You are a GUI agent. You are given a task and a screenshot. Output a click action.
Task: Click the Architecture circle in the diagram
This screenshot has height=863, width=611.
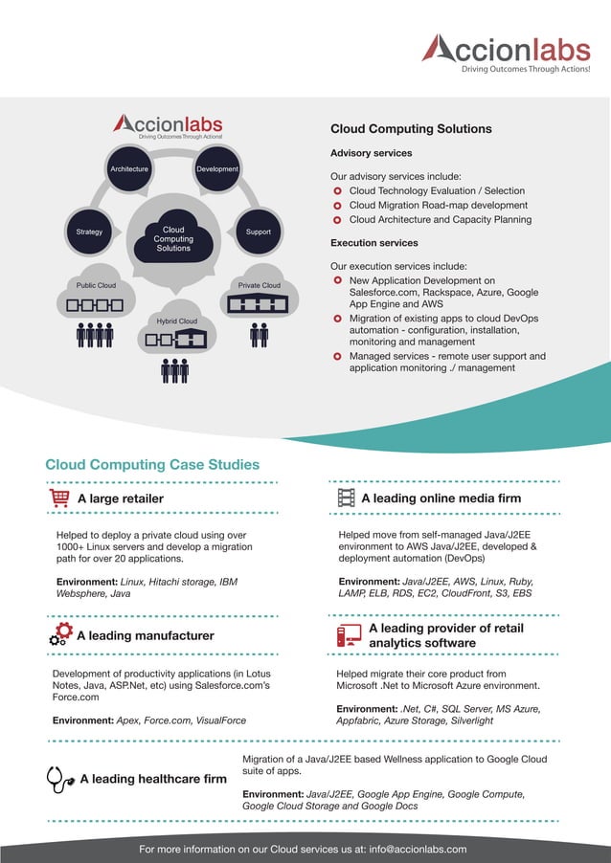coord(129,169)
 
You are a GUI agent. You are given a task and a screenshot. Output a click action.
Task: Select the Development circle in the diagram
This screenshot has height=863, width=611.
coord(217,169)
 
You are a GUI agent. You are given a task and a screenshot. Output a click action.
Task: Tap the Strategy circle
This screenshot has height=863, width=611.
coord(89,232)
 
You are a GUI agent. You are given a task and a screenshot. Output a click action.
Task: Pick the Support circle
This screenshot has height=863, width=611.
coord(258,232)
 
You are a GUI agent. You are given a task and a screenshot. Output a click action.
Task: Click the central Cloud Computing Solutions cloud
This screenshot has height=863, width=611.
coord(173,238)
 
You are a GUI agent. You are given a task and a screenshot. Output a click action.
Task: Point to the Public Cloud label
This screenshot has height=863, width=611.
coord(96,285)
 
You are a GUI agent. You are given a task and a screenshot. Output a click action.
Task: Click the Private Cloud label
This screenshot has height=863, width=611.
coord(259,285)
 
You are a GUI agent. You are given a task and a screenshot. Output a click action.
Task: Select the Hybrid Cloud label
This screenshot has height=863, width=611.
coord(177,321)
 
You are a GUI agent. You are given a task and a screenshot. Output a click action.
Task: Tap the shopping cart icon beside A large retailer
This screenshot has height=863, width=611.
coord(59,498)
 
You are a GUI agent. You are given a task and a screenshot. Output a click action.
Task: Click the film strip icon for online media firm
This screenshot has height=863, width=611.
coord(346,498)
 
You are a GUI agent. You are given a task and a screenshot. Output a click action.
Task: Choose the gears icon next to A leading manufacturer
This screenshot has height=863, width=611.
coord(59,634)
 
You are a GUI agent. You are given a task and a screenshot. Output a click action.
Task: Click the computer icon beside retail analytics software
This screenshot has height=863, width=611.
coord(348,635)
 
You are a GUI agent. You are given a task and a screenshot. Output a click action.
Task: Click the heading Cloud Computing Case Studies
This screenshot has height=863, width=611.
coord(152,465)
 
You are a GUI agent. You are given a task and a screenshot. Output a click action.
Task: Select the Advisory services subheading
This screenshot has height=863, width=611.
coord(371,153)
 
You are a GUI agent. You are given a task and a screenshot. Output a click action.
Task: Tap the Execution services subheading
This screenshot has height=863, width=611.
coord(373,243)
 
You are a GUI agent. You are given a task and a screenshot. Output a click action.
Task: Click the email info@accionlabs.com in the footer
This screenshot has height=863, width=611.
coord(418,849)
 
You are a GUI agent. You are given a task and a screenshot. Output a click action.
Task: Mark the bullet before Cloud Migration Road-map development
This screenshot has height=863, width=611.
coord(337,206)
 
